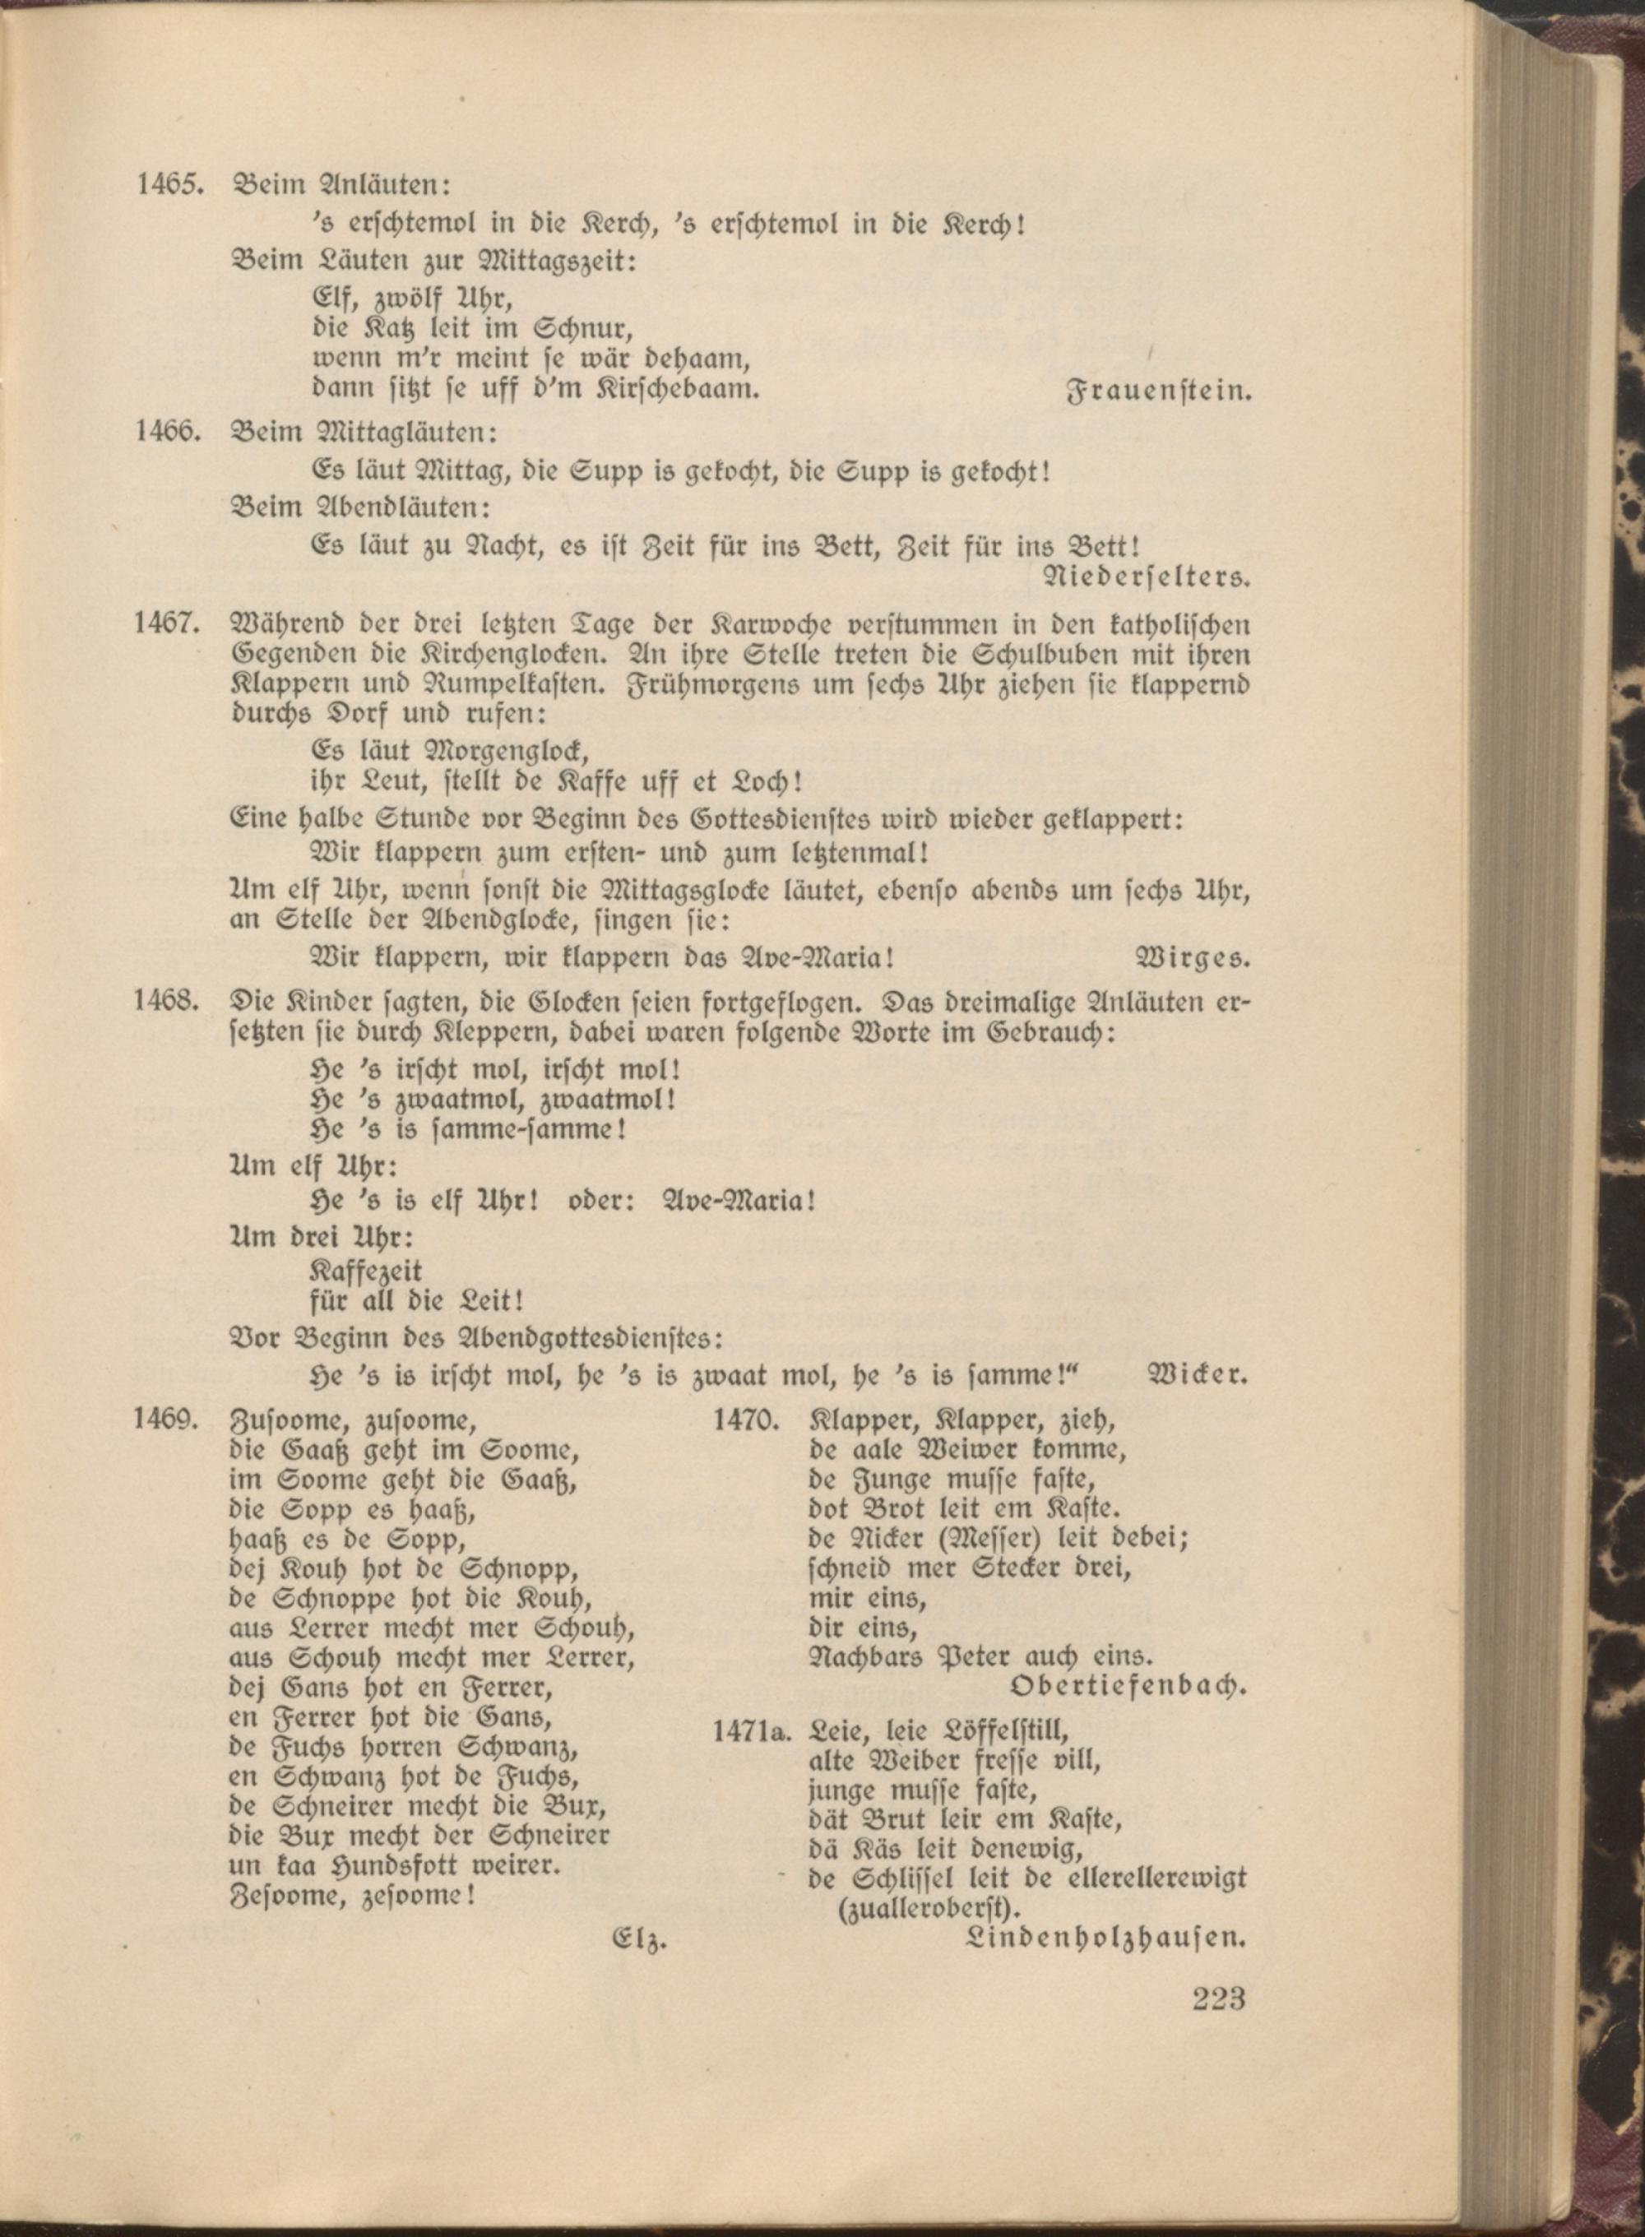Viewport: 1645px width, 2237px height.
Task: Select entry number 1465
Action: (x=169, y=185)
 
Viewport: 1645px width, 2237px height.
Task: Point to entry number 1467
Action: (x=169, y=624)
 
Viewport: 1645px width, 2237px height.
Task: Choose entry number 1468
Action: (x=169, y=1002)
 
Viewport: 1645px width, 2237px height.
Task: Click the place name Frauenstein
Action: (x=1158, y=391)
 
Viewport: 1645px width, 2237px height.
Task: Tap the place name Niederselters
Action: (x=1145, y=577)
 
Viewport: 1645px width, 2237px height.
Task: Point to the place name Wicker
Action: (x=1198, y=1375)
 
